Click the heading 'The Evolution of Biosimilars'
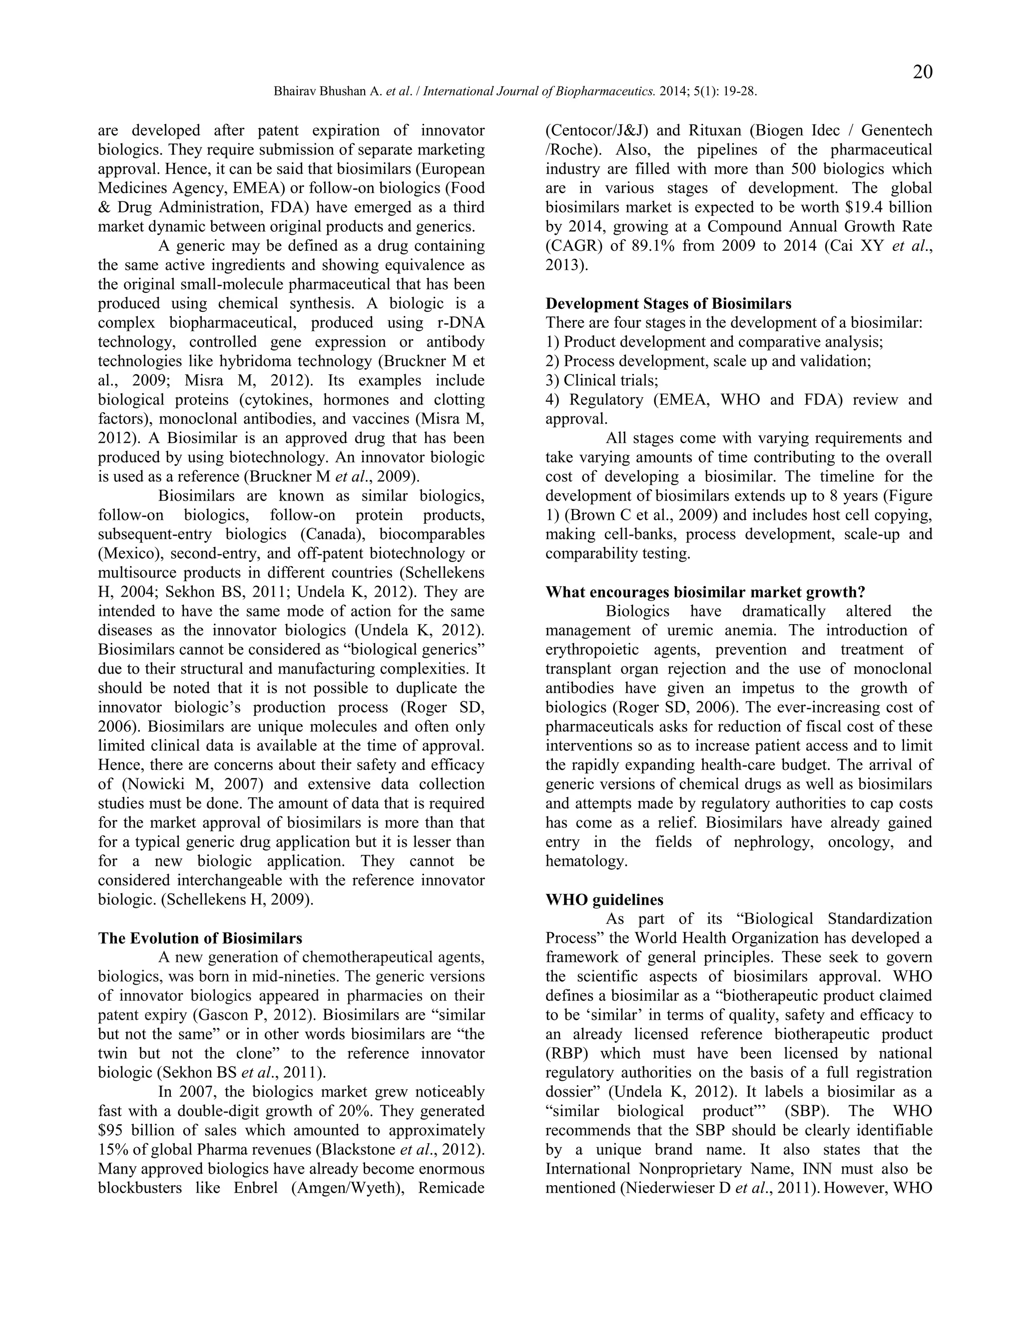pyautogui.click(x=200, y=938)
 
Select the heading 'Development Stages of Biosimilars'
pyautogui.click(x=668, y=303)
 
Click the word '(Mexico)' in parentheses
pyautogui.click(x=128, y=554)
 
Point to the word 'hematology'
pyautogui.click(x=585, y=861)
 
